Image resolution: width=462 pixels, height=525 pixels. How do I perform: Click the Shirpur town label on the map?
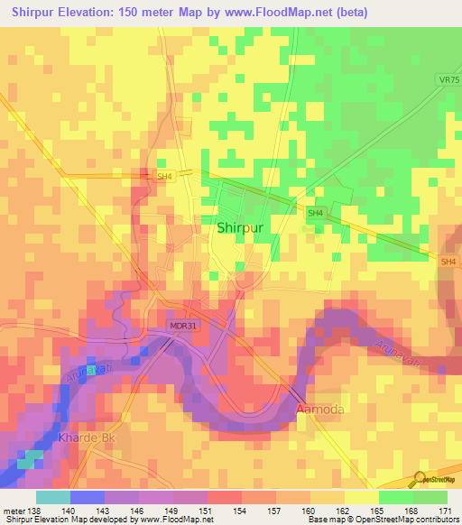[240, 228]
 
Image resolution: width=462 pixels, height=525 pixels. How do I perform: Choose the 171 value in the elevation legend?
[447, 511]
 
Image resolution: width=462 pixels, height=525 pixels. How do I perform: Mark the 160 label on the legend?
[310, 511]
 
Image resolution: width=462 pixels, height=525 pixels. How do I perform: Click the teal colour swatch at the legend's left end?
[52, 496]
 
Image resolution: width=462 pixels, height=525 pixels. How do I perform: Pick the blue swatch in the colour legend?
[87, 496]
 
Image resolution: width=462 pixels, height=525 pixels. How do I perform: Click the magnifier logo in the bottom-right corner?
[419, 477]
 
